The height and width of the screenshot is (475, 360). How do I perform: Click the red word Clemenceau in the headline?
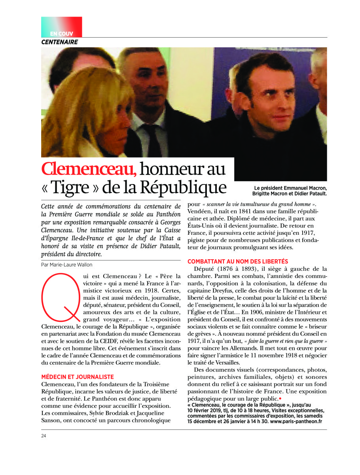89,169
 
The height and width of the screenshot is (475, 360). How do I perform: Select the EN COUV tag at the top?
61,34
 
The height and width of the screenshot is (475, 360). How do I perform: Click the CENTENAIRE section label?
60,42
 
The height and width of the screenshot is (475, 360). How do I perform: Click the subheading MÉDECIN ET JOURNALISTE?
78,377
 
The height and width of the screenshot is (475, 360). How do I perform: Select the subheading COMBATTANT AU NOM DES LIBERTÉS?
238,262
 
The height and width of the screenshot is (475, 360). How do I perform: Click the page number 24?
44,436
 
